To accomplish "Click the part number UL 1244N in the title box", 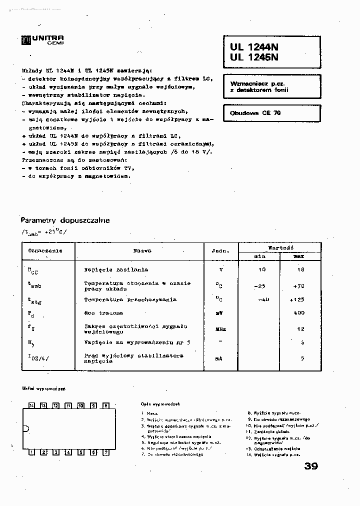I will [254, 46].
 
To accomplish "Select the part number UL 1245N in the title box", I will [254, 57].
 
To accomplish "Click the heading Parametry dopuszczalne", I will [65, 220].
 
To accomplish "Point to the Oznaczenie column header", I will [45, 250].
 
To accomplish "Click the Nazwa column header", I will [142, 250].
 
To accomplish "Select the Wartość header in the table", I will [280, 247].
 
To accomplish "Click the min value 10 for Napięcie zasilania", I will [261, 269].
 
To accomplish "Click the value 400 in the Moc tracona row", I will [298, 313].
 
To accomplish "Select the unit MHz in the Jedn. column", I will [220, 329].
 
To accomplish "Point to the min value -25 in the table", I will [260, 286].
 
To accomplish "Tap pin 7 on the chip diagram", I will [105, 452].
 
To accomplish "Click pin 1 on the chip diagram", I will [31, 452].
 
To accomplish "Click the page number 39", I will [310, 466].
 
